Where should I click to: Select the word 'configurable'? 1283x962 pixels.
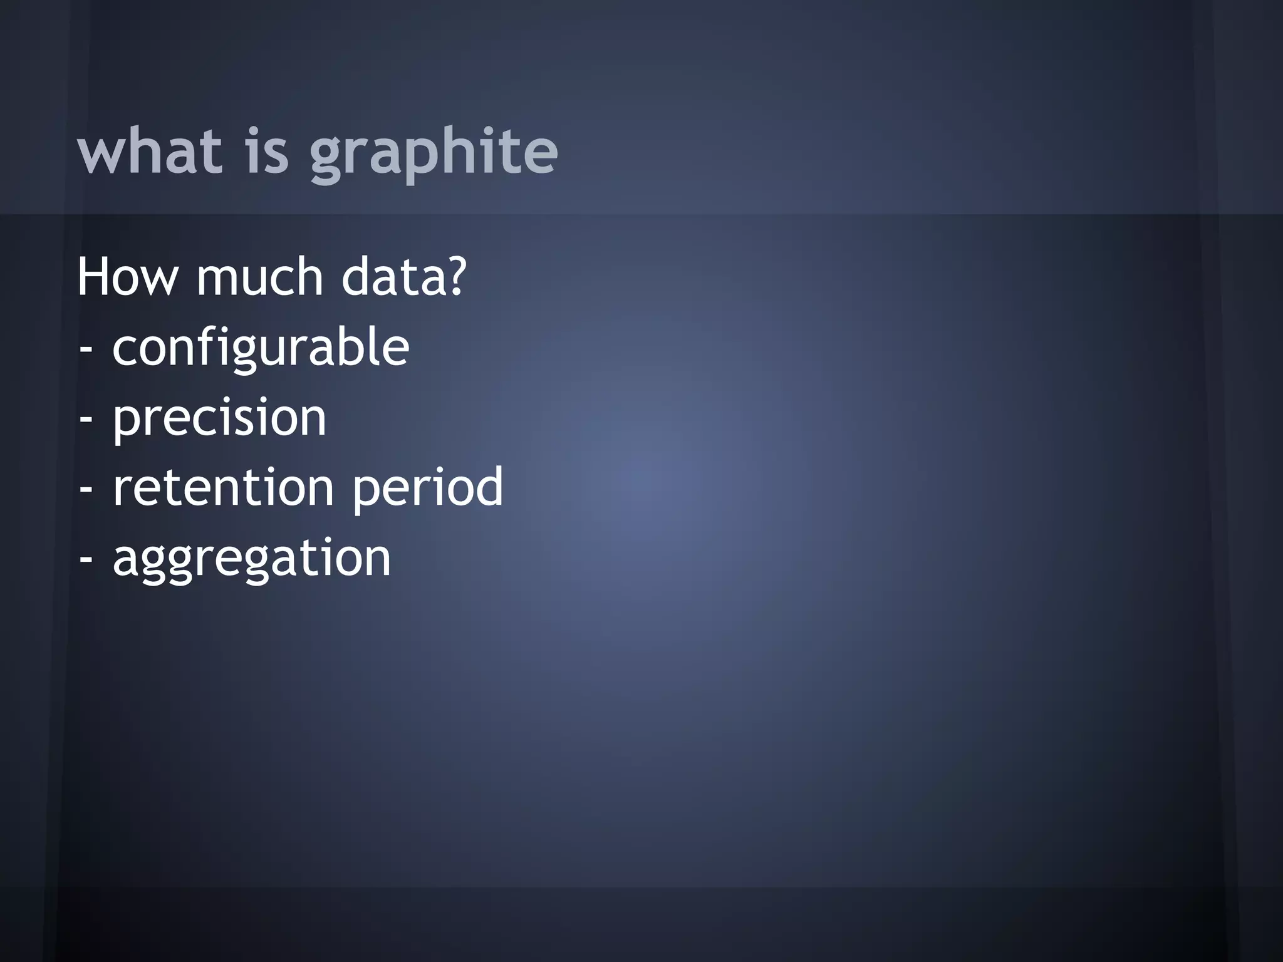261,348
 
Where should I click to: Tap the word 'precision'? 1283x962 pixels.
219,418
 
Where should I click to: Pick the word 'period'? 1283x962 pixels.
428,489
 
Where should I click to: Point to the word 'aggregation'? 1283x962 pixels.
252,559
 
